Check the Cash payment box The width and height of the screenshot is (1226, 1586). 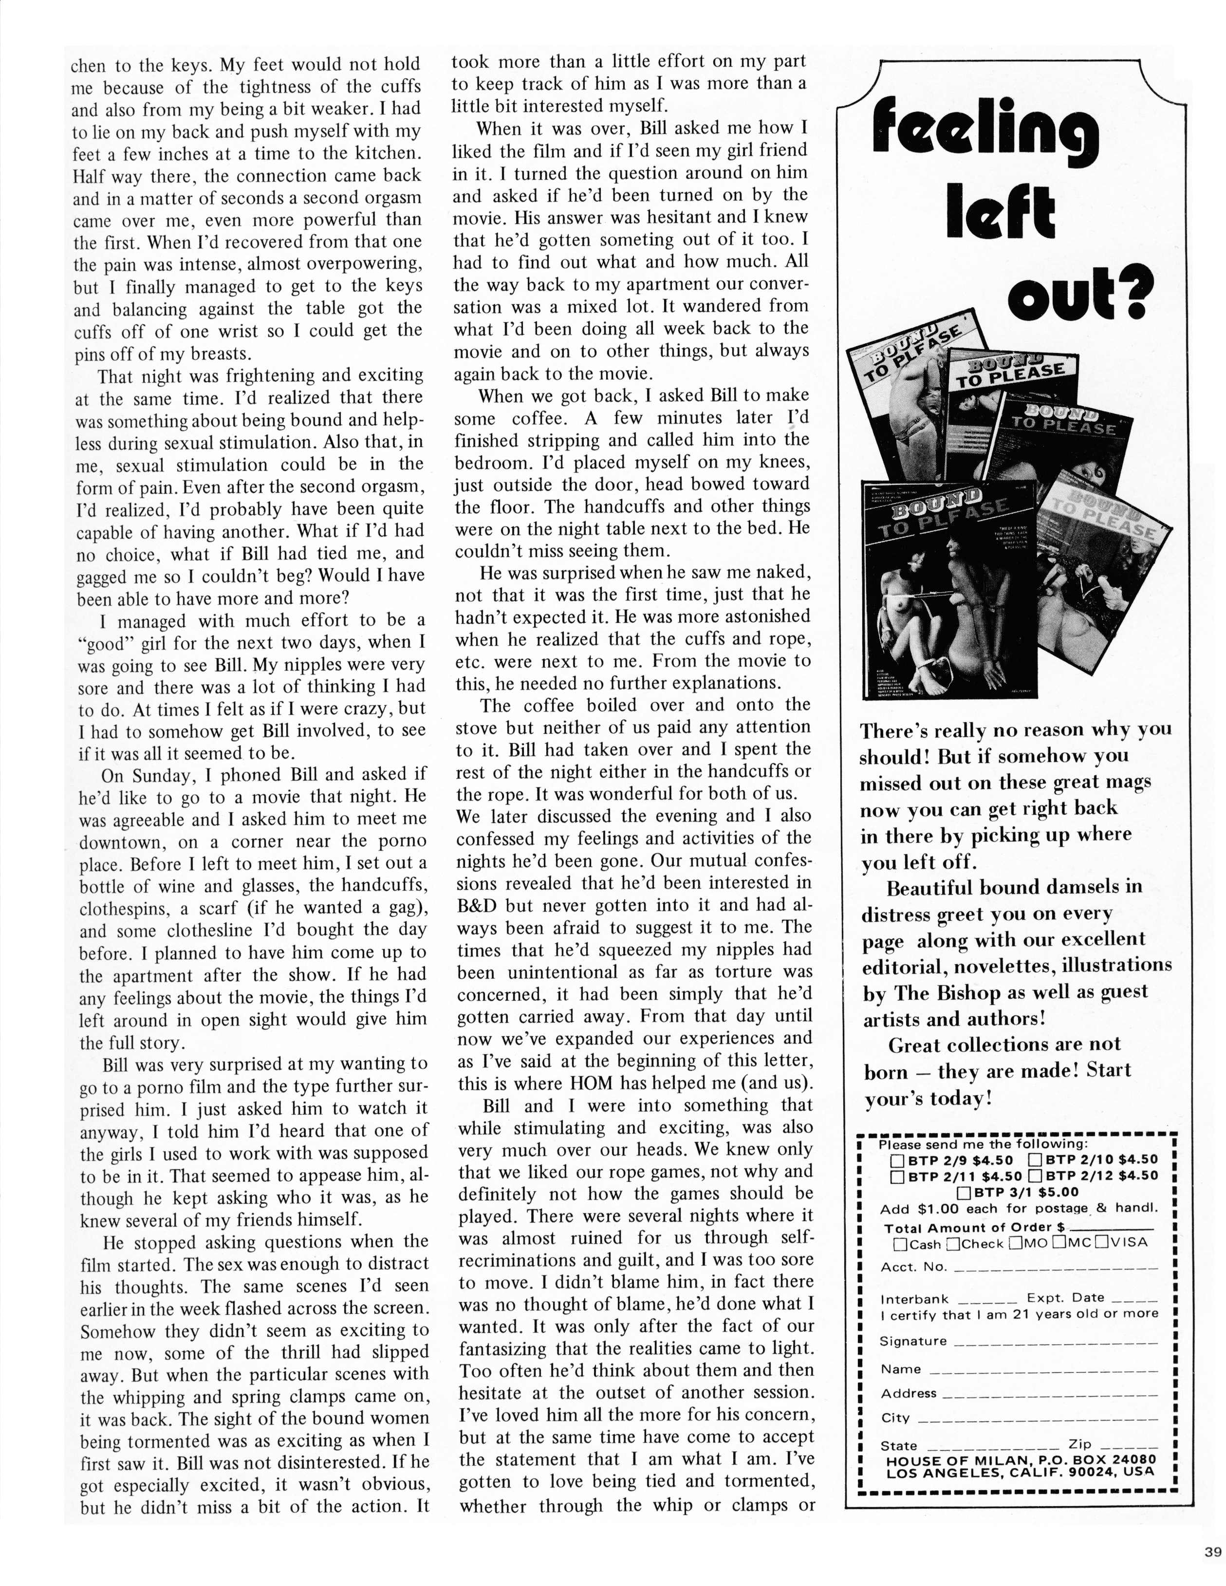[x=901, y=1244]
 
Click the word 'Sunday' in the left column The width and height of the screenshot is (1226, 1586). [x=164, y=775]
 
